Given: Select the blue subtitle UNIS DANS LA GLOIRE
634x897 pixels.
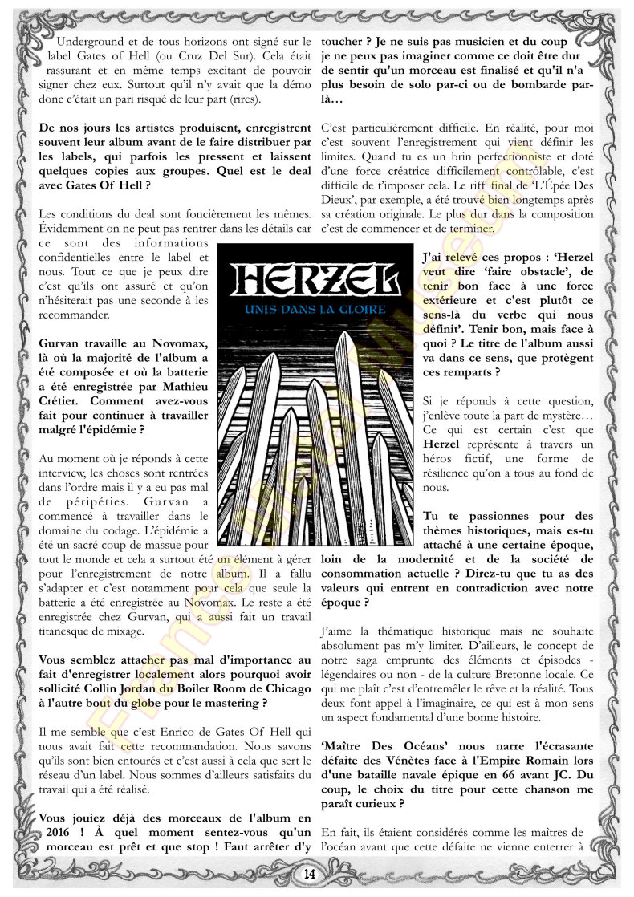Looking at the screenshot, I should [316, 308].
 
